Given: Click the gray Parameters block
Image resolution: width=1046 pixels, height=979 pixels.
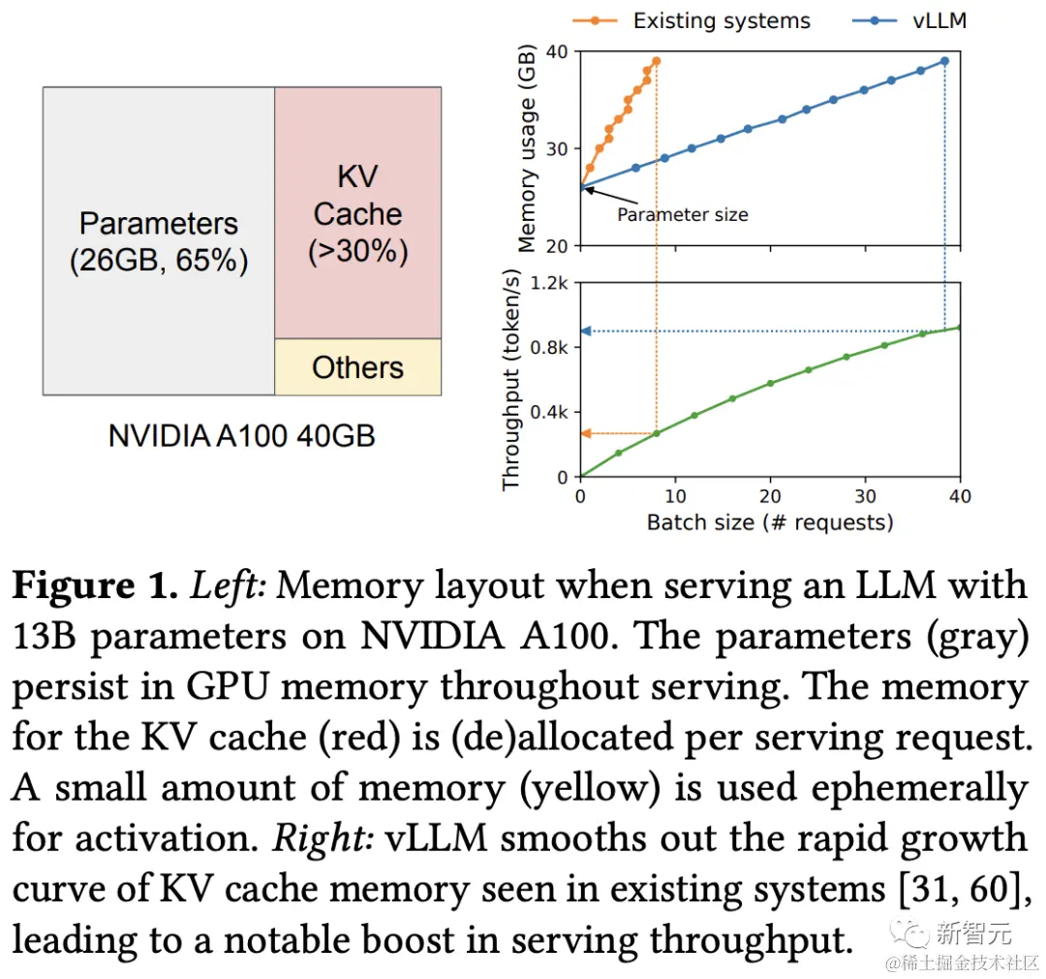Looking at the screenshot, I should click(159, 240).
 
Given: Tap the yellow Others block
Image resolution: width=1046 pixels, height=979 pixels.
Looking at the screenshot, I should click(357, 367).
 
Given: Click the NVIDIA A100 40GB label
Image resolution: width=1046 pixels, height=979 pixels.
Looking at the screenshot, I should click(241, 435).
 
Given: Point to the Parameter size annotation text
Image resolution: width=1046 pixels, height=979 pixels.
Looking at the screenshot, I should click(683, 214).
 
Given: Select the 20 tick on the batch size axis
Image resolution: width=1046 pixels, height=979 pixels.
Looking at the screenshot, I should click(771, 496).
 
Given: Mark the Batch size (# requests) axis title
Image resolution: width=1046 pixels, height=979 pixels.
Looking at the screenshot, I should click(770, 522).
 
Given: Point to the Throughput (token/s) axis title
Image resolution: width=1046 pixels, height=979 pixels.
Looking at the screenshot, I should click(511, 380).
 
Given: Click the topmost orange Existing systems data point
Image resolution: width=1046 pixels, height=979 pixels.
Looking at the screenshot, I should click(656, 61).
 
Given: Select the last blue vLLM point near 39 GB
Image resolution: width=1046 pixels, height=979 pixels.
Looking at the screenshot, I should click(944, 61).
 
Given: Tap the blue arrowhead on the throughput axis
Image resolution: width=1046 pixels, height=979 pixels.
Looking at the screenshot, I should click(586, 332).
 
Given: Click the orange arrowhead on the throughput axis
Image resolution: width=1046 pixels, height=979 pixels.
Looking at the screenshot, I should click(586, 433).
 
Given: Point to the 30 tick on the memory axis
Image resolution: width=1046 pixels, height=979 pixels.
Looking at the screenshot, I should click(558, 148).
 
